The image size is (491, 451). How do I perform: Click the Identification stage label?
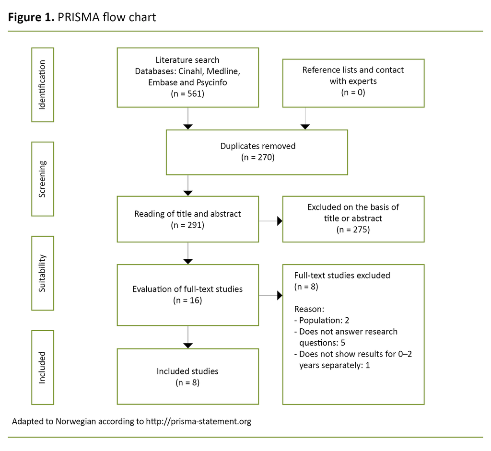coord(43,85)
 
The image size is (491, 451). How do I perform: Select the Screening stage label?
coord(43,179)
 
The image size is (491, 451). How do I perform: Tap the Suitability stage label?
coord(43,273)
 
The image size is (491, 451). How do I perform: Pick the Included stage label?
coord(43,367)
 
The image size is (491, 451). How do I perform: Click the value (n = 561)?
coord(187,94)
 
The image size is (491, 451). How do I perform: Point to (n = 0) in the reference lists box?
coord(353,93)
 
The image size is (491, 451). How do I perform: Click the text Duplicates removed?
coord(258,146)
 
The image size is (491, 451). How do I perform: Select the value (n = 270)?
coord(258,157)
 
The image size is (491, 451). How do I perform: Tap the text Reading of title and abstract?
coord(187,214)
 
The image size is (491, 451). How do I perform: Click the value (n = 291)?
coord(187,225)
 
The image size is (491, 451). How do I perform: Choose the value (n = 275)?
coord(353,230)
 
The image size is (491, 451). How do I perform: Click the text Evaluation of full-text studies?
coord(187,289)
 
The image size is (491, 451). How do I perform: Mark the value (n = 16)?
coord(187,301)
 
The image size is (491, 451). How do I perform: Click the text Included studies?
coord(187,371)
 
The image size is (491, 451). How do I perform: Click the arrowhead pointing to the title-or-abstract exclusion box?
coord(280,221)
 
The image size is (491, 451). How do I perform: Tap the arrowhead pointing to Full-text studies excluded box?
coord(280,296)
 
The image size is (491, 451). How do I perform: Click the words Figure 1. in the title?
coord(30,17)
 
